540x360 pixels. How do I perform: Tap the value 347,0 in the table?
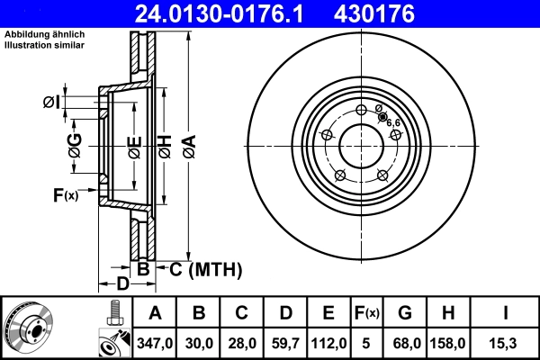point(156,343)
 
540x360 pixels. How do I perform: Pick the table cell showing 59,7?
point(285,343)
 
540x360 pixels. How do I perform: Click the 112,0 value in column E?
point(328,343)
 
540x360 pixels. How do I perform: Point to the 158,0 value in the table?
point(449,343)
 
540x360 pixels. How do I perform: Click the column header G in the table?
point(405,313)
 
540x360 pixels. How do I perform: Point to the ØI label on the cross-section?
point(51,103)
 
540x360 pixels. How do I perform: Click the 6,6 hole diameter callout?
point(394,121)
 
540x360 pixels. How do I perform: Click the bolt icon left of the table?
point(113,312)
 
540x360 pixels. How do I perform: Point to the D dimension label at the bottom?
point(123,285)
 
